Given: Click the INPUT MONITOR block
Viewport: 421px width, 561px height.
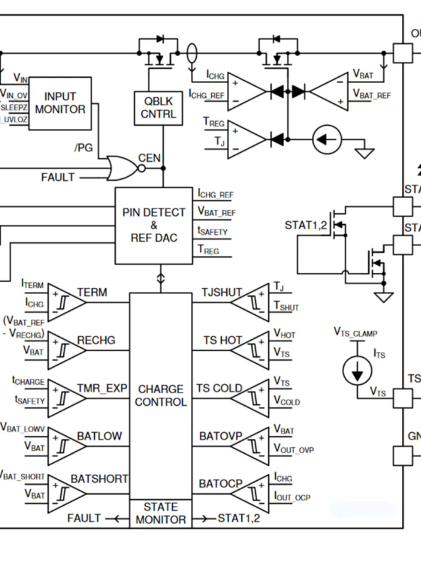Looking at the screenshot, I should point(60,103).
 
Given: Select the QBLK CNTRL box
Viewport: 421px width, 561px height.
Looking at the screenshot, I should point(159,108).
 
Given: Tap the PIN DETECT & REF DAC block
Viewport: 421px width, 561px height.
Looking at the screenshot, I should point(155,225).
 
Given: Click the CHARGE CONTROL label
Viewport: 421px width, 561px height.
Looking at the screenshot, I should point(161,395).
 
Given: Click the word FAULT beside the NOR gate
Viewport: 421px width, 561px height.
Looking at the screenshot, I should point(58,178).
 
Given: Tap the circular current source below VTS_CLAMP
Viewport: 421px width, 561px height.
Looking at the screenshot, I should point(357,372).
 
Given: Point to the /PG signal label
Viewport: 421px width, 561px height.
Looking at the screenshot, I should point(83,147).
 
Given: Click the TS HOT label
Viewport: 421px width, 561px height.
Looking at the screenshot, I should point(222,340).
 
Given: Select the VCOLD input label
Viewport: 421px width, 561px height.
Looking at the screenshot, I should point(286,401).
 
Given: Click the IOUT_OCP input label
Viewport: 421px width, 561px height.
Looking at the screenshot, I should point(291,497).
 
